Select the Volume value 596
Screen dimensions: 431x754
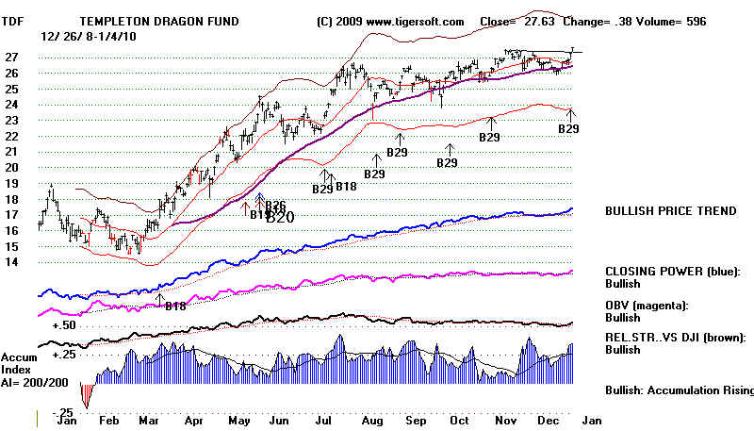727,22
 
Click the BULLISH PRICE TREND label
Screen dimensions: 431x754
670,211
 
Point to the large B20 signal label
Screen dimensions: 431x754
280,218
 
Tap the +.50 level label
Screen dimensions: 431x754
62,323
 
